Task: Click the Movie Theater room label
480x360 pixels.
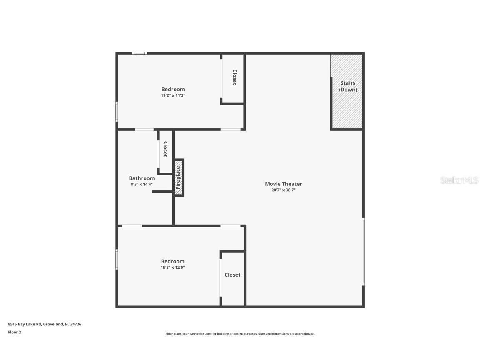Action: (x=283, y=184)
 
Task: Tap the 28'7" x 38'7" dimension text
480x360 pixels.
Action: (x=283, y=190)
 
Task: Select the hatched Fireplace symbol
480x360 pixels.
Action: (x=178, y=178)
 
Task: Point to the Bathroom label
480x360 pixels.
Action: (x=142, y=178)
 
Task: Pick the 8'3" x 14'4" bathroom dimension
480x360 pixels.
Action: (x=142, y=184)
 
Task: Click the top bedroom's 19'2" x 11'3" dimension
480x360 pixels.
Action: (x=173, y=95)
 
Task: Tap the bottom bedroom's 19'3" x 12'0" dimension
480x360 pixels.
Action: (x=173, y=267)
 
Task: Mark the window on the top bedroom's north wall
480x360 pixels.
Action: (x=139, y=53)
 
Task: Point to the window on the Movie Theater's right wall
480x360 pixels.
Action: (x=363, y=251)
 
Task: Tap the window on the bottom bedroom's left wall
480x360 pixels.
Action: (x=117, y=259)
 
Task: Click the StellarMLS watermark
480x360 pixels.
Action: (x=459, y=180)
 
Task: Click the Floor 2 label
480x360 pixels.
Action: (x=14, y=332)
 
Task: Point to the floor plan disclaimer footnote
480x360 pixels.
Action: (x=240, y=334)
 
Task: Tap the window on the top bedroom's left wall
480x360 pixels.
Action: (x=117, y=111)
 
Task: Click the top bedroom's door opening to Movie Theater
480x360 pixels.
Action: (x=231, y=130)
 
